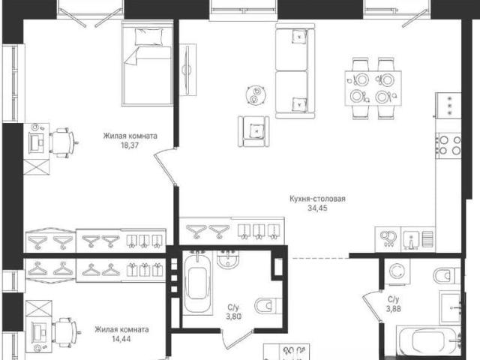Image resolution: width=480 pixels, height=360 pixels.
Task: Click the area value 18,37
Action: point(130,145)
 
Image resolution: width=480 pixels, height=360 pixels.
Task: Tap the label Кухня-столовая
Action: point(317,199)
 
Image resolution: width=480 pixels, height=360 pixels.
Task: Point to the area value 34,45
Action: point(317,208)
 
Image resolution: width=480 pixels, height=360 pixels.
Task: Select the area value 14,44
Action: point(121,339)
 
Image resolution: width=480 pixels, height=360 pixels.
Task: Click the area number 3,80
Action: point(233,316)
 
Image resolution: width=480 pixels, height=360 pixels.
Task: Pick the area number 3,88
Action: point(393,309)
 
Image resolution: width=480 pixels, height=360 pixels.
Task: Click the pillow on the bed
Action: point(148,37)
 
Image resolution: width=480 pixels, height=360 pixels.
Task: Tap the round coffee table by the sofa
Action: point(256,95)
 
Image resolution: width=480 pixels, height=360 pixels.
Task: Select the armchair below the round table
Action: point(253,131)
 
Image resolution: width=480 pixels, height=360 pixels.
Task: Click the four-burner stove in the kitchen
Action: point(449,145)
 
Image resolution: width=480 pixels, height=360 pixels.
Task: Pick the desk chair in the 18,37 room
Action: point(62,143)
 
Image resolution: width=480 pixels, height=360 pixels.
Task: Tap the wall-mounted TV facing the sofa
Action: point(187,70)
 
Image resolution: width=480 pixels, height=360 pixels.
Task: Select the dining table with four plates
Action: point(373,88)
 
